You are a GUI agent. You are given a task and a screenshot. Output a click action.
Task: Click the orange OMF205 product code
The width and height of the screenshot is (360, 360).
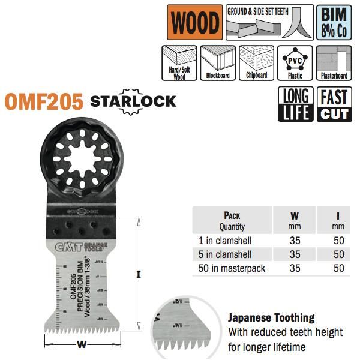44,101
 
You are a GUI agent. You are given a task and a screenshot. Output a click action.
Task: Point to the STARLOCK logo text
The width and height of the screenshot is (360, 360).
133,100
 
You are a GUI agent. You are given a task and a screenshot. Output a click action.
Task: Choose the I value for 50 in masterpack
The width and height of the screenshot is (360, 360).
339,268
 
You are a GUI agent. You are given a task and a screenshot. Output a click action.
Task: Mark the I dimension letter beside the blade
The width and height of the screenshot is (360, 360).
138,275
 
